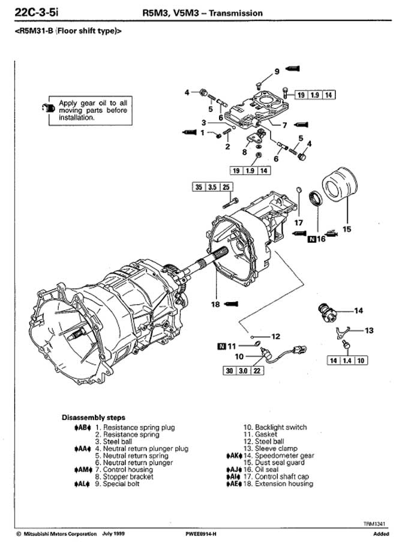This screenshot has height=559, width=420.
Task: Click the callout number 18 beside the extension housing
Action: tap(215, 304)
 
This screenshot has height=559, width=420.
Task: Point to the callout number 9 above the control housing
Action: tap(277, 72)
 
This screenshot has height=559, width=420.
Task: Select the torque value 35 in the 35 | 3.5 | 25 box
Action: tap(199, 187)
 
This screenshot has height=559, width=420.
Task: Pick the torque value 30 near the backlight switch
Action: tap(229, 371)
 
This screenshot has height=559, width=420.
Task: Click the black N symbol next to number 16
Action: tap(311, 239)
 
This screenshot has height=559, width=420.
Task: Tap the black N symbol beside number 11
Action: tap(223, 346)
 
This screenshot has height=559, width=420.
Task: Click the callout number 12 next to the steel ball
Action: tap(275, 336)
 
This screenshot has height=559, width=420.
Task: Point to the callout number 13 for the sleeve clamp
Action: tap(369, 330)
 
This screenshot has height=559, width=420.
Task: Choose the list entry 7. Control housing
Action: tap(124, 470)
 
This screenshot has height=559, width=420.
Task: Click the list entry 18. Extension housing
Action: tap(279, 484)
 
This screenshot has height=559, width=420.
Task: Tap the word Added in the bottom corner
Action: tap(381, 533)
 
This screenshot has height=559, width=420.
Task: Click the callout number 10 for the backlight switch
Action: tap(239, 356)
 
